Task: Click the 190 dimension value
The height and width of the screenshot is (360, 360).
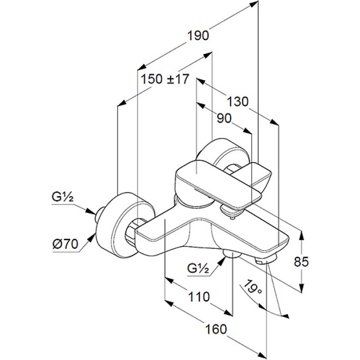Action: [198, 36]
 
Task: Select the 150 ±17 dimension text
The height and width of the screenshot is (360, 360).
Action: [165, 79]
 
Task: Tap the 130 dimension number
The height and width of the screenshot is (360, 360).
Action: [238, 102]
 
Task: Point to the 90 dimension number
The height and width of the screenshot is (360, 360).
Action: [224, 118]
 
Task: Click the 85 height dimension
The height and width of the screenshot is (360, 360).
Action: [301, 261]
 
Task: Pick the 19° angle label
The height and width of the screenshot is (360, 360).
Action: [252, 288]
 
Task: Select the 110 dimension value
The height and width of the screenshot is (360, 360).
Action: [199, 297]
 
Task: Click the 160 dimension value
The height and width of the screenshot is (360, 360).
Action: [216, 329]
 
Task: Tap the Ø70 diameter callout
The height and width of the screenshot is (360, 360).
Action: [65, 244]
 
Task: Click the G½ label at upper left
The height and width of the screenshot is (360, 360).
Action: [63, 197]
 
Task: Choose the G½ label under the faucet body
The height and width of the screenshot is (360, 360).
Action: [198, 268]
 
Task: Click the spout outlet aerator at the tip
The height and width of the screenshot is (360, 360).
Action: [266, 261]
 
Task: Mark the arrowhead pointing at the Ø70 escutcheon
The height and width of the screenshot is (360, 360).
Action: [92, 238]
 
